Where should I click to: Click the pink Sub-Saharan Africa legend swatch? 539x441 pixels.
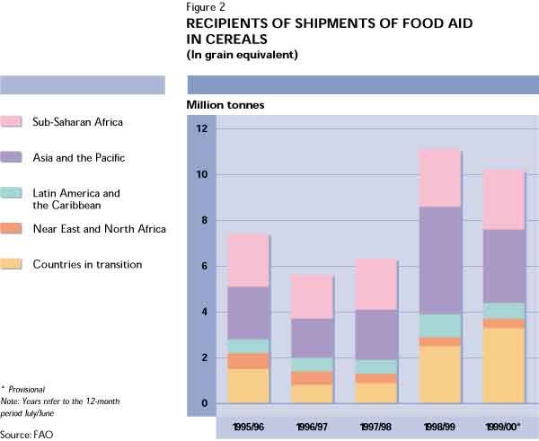coord(13,121)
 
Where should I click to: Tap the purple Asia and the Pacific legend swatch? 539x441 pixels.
coord(13,157)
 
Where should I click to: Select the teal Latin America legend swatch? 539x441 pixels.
coord(13,193)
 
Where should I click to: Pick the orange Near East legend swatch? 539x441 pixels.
coord(13,229)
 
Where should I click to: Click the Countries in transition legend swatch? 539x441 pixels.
coord(13,264)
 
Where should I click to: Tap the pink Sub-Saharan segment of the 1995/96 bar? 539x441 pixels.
coord(249,260)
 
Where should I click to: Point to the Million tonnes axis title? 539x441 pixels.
coord(225,105)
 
